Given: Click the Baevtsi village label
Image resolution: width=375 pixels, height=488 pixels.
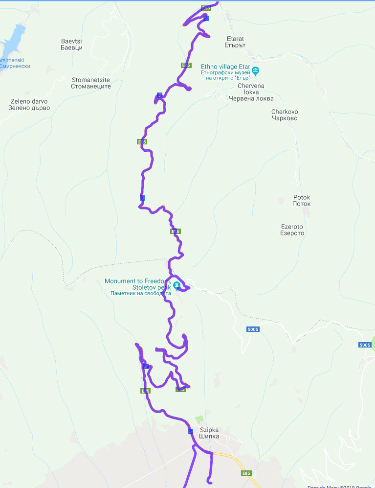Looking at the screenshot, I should click(71, 44).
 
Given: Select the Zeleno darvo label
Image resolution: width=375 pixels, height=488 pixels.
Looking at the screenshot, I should click(30, 105).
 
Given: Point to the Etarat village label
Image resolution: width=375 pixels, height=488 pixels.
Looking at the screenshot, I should click(235, 42).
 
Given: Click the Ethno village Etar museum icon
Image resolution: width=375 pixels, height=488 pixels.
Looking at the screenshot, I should click(255, 70).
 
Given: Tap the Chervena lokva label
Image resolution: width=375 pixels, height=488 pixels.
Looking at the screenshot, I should click(250, 92).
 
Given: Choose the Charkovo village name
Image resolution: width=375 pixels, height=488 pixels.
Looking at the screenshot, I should click(285, 115).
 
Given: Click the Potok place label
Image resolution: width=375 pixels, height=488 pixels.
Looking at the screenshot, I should click(301, 200).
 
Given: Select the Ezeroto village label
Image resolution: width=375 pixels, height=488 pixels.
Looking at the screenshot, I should click(292, 230).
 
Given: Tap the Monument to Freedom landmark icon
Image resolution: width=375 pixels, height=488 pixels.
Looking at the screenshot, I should click(177, 285).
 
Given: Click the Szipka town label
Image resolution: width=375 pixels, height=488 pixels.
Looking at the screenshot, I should click(209, 433).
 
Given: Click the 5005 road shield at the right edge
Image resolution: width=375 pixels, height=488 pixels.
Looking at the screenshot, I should click(365, 345).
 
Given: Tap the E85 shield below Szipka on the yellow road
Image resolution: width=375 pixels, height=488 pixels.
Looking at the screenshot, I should click(246, 473).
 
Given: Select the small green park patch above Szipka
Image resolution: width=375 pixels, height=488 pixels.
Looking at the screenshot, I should click(199, 419).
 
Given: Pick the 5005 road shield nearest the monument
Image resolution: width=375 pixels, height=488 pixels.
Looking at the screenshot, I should click(253, 329).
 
